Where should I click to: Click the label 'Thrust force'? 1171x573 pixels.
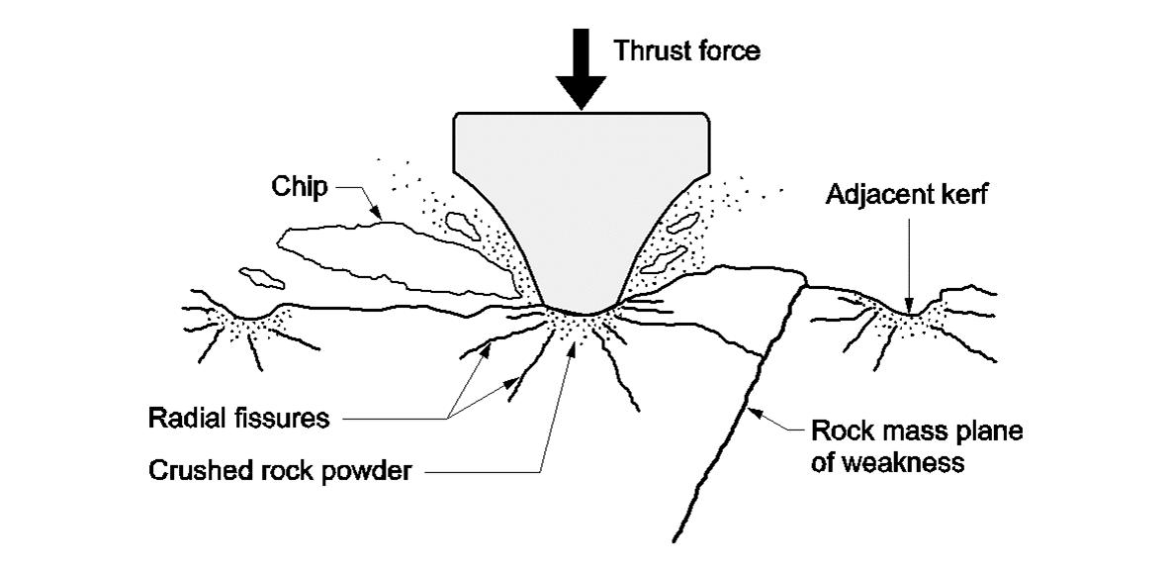(687, 50)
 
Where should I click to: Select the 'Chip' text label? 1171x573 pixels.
(303, 187)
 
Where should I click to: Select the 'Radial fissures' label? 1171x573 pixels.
(238, 418)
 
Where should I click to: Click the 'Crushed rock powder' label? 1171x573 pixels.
(279, 470)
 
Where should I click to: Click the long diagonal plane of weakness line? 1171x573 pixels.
(737, 416)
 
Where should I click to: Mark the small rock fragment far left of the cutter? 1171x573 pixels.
(259, 275)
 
